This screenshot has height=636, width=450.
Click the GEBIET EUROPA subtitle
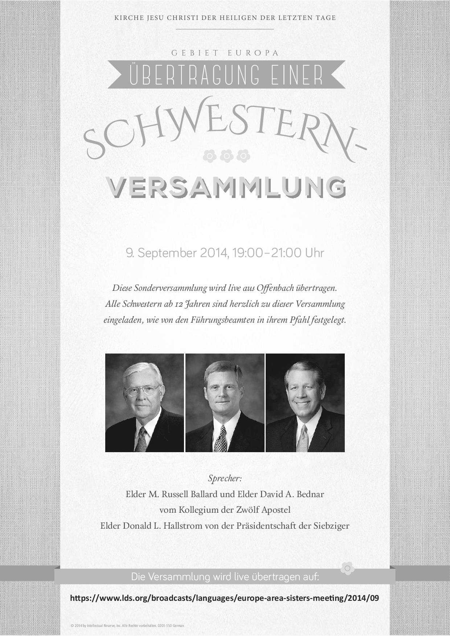(x=225, y=53)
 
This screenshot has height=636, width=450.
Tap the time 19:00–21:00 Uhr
(x=278, y=253)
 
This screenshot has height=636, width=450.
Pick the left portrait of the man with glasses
(x=144, y=402)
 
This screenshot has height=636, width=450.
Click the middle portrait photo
(x=225, y=402)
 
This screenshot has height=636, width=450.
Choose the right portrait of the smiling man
(x=305, y=402)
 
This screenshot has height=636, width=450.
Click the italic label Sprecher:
(x=225, y=478)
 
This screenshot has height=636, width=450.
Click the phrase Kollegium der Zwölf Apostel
(x=234, y=510)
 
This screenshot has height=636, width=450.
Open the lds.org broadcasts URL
(x=224, y=598)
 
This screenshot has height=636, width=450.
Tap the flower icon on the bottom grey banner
(x=347, y=569)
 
